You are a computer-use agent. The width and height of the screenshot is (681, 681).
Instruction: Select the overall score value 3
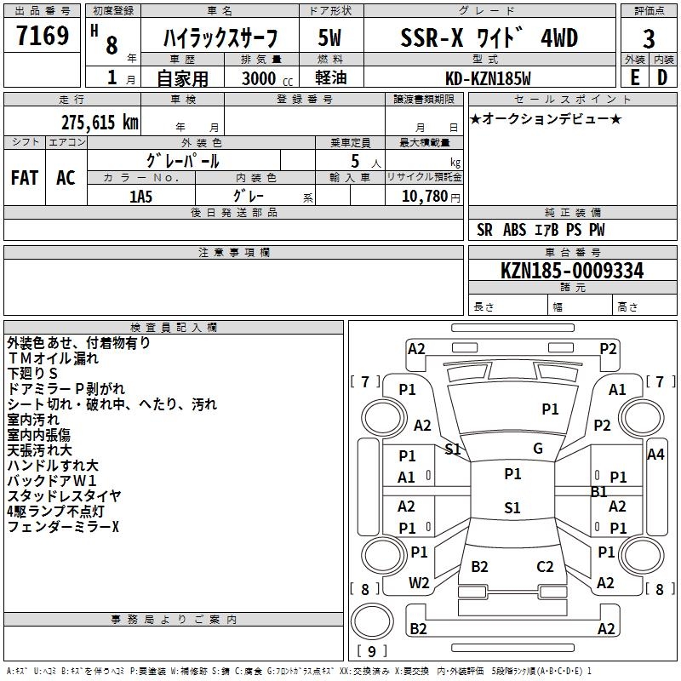(x=649, y=39)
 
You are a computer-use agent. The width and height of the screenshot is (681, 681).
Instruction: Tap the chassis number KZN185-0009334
(x=572, y=271)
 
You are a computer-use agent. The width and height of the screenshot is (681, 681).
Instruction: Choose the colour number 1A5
(x=140, y=196)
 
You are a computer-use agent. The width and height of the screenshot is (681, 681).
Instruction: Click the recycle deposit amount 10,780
(x=423, y=197)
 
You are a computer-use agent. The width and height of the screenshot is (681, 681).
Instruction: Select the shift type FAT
(x=25, y=178)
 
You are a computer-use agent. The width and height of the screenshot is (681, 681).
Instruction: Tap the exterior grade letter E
(x=634, y=77)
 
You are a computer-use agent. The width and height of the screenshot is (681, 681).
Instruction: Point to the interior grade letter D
(x=662, y=77)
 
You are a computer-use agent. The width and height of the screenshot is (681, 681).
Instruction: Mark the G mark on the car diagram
(x=538, y=449)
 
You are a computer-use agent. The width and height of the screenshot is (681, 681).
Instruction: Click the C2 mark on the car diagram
(x=546, y=567)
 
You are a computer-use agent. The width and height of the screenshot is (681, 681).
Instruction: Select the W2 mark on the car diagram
(x=419, y=583)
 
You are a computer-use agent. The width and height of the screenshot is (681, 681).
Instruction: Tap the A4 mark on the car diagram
(x=655, y=455)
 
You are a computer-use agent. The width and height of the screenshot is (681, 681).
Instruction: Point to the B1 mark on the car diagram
(x=599, y=492)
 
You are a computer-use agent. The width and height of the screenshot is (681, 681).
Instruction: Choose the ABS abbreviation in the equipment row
(x=514, y=230)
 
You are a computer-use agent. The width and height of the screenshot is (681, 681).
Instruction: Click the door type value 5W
(x=331, y=39)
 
